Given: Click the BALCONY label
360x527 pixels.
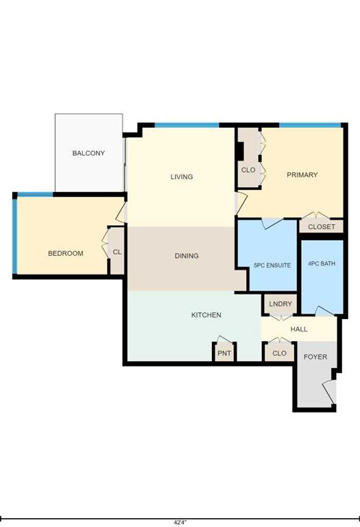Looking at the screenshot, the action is click(88, 153).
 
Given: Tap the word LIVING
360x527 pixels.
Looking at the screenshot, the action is click(182, 177).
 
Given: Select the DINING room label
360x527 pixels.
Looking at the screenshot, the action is click(187, 256).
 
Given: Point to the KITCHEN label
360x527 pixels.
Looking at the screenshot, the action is click(206, 315).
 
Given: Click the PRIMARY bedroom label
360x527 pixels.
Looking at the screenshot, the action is click(302, 175).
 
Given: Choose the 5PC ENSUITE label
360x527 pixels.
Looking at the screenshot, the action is click(272, 265).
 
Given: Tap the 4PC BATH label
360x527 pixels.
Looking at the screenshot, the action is click(322, 263).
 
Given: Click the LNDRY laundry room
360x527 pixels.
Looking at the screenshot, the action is click(280, 304).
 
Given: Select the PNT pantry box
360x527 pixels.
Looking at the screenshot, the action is click(224, 353).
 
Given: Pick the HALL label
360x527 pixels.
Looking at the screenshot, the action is click(299, 329).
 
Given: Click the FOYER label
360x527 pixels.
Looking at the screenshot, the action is click(315, 357).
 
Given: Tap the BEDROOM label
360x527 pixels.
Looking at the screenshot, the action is click(66, 253).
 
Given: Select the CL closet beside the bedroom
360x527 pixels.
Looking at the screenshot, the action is click(117, 252).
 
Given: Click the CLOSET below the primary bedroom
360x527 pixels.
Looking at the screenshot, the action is click(322, 226).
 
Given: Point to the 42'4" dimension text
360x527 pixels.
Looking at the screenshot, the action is click(180, 523).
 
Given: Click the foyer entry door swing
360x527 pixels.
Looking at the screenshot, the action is click(329, 392).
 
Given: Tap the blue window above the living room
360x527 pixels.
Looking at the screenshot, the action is click(187, 126).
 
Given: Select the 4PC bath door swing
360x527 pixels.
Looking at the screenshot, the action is click(324, 312).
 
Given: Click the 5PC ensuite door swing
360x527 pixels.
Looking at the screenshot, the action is click(272, 224).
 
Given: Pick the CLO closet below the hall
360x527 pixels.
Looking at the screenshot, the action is click(279, 353).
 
